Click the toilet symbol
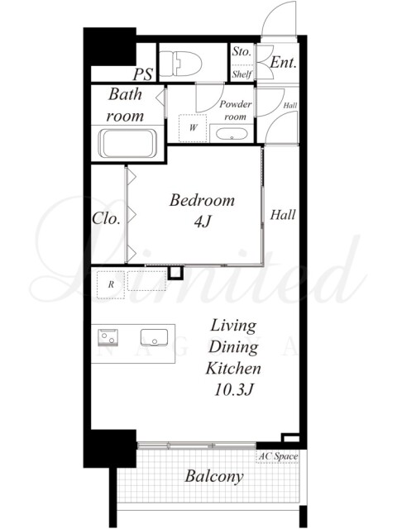180,64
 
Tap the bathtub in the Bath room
128,144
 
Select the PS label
143,74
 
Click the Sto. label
242,52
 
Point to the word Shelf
242,74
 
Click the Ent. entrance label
283,63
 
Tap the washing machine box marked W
193,128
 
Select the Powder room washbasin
232,134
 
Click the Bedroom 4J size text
202,222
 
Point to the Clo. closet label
106,218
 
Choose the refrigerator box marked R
111,284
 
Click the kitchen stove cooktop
108,337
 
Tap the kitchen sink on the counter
155,338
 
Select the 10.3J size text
233,389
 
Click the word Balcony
214,477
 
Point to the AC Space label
278,456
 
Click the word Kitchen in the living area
233,368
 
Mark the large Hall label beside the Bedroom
283,215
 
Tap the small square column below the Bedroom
175,273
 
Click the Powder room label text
235,110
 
